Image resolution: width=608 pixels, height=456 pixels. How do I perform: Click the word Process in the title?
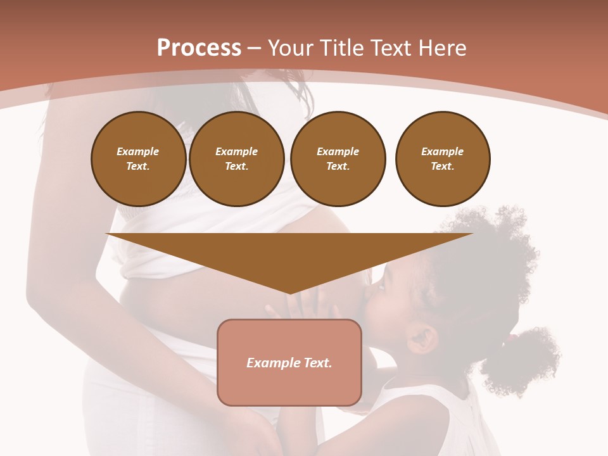199,48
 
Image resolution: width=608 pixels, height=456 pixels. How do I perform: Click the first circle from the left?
139,158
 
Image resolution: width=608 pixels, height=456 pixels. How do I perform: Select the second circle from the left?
237,158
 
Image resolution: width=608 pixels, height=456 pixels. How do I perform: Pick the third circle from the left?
338,158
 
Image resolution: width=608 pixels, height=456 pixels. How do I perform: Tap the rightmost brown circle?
443,158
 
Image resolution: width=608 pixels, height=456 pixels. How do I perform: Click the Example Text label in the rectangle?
289,363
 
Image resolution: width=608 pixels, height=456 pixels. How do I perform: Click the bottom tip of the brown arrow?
289,292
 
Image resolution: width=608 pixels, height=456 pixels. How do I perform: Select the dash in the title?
255,48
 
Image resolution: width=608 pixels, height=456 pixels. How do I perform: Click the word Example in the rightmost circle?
443,151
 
